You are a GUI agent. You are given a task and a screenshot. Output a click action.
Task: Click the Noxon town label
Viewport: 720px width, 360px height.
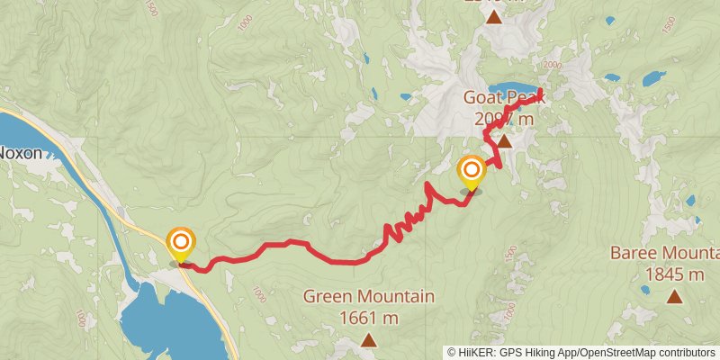[20, 153]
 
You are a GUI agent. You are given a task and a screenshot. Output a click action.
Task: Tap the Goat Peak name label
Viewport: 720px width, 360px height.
[501, 97]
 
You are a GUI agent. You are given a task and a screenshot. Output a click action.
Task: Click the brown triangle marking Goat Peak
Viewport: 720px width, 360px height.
[505, 141]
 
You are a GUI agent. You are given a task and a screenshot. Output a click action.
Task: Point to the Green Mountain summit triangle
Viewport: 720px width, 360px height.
[368, 339]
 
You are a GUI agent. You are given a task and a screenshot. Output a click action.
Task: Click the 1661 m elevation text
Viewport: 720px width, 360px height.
[369, 317]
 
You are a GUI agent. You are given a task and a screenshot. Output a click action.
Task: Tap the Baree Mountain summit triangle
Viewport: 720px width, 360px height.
[674, 295]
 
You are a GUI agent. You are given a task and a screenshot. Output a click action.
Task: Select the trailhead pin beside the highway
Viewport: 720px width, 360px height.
[181, 243]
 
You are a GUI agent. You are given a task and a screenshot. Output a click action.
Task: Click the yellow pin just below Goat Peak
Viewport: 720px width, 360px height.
[471, 171]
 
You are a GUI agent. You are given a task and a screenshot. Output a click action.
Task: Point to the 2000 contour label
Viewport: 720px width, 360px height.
[553, 66]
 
